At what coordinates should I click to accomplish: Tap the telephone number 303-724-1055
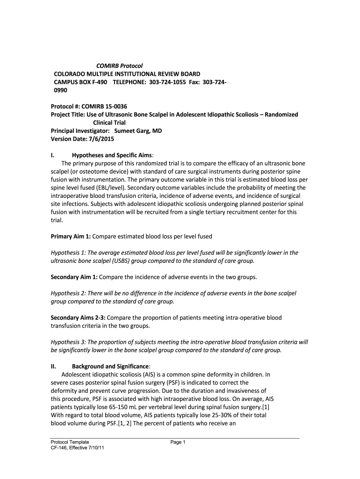[173, 82]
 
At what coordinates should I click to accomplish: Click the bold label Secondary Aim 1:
[74, 277]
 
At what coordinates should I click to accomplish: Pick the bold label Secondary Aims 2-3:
[78, 318]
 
